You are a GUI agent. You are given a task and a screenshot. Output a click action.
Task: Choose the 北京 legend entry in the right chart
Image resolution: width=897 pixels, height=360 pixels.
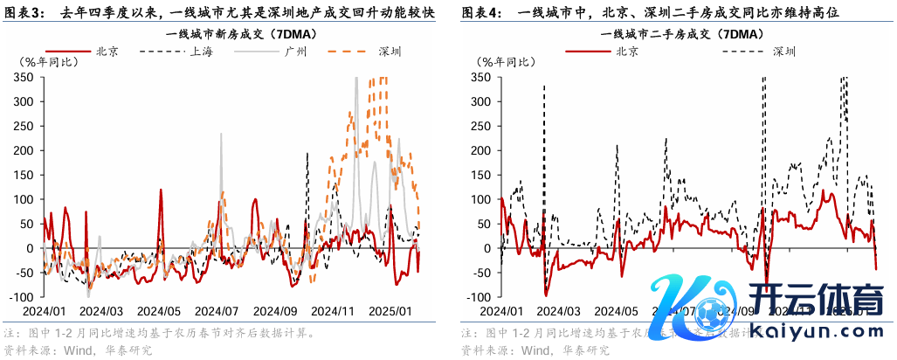coord(626,52)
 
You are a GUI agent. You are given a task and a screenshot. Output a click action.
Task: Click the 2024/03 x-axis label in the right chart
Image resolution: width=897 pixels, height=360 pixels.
coord(560,310)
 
